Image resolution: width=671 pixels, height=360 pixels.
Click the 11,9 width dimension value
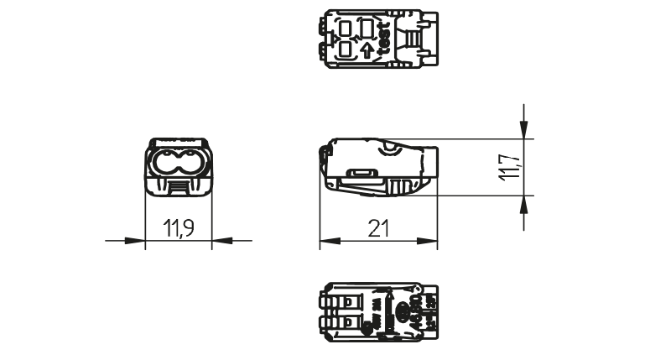click(177, 227)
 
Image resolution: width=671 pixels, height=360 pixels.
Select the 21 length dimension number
click(379, 227)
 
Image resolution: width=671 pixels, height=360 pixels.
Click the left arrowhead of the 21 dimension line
click(327, 242)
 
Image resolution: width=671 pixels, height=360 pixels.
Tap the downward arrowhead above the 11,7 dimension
click(524, 129)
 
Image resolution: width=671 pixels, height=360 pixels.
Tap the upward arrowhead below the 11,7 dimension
click(524, 204)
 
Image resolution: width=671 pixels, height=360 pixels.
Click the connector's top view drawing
click(379, 38)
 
